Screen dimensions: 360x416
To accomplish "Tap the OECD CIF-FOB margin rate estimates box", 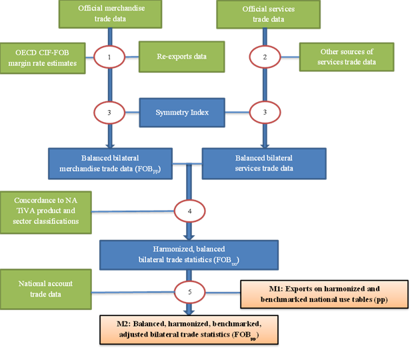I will (x=45, y=57).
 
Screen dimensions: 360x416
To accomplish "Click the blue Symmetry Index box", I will (x=181, y=112).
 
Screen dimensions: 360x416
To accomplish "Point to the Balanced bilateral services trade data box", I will (x=264, y=163).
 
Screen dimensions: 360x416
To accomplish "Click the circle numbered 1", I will (x=111, y=57).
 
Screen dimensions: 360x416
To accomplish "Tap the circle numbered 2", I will (x=264, y=57).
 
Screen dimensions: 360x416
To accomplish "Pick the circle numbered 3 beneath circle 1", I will (x=111, y=112).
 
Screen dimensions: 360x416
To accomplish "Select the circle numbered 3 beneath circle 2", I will (x=264, y=112).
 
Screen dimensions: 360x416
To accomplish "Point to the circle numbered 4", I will (x=190, y=212).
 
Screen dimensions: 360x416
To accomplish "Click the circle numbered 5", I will (x=190, y=291).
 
